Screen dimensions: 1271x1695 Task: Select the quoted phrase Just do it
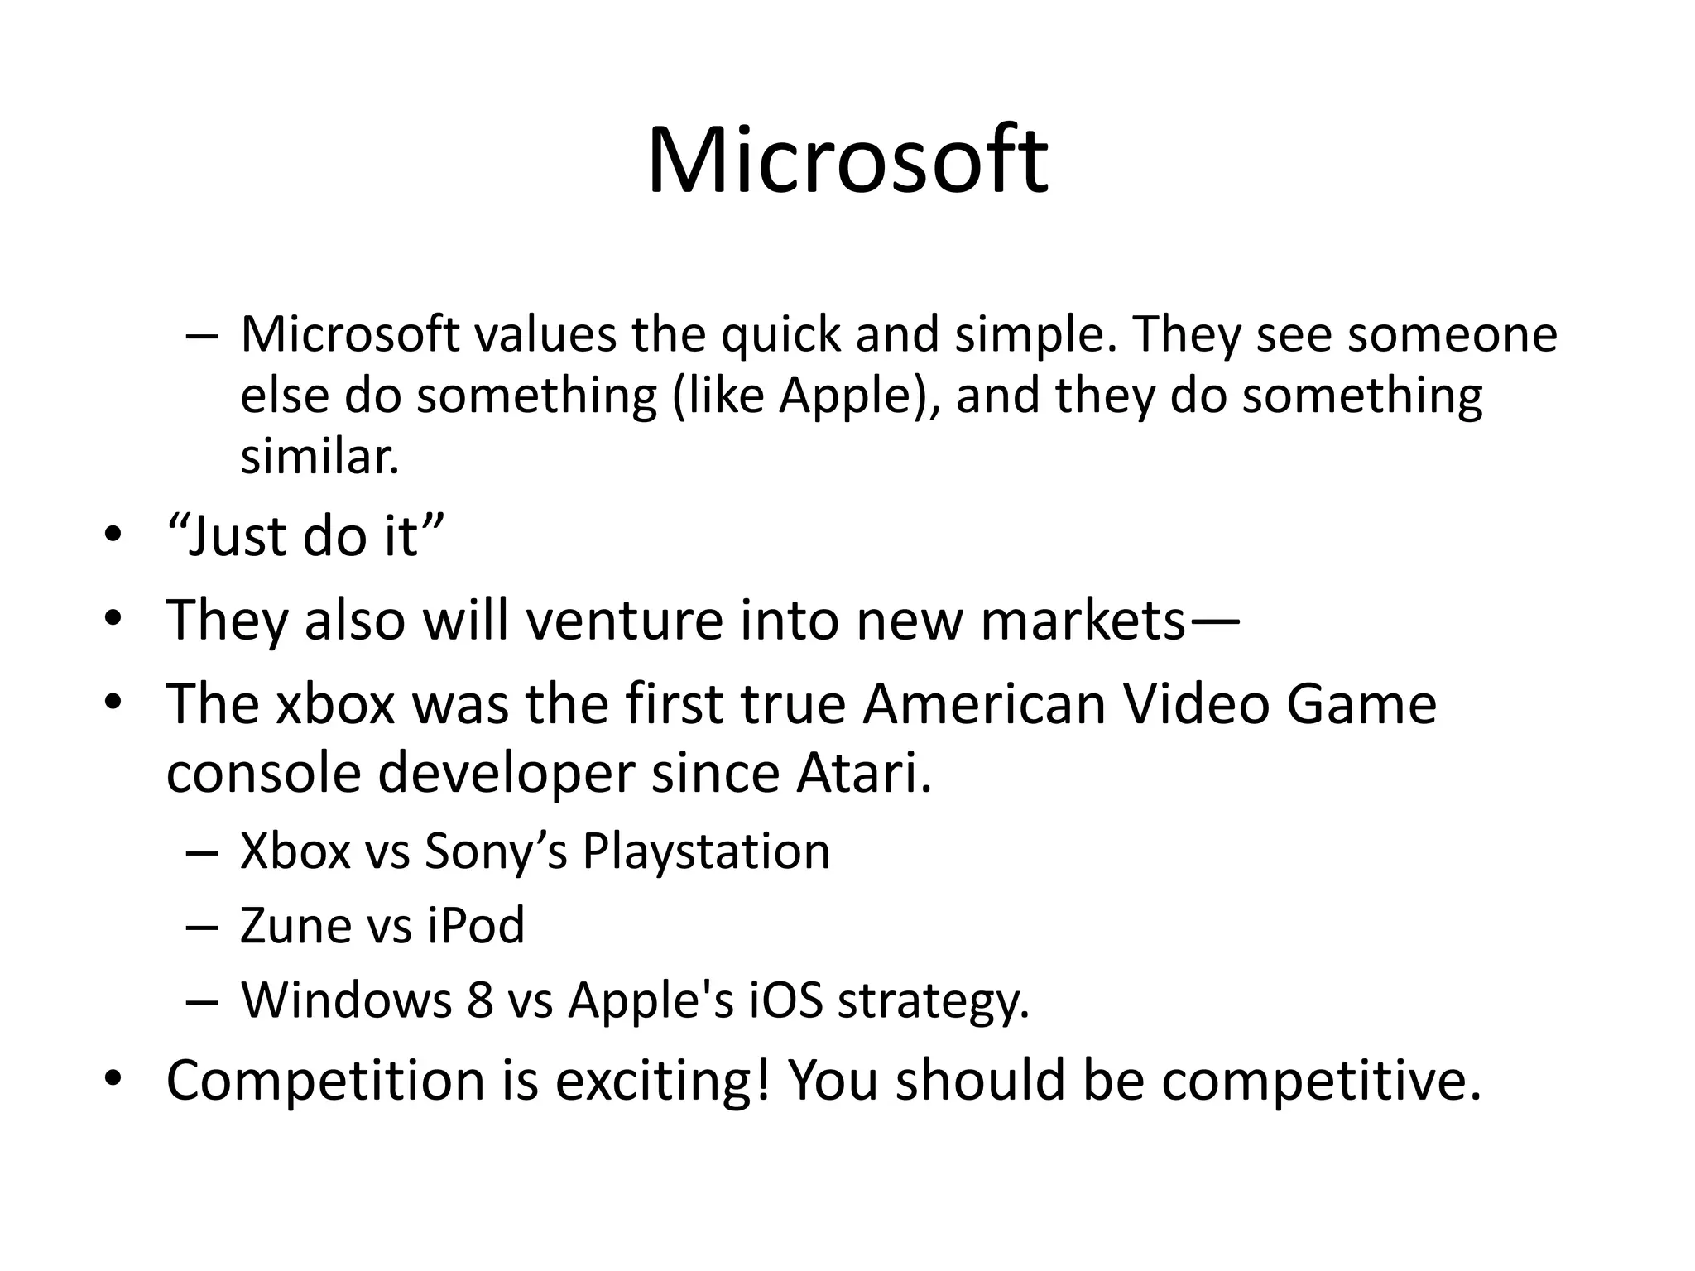tap(305, 536)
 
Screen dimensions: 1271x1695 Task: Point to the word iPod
tap(476, 925)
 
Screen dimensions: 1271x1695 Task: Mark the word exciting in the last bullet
tap(652, 1081)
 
